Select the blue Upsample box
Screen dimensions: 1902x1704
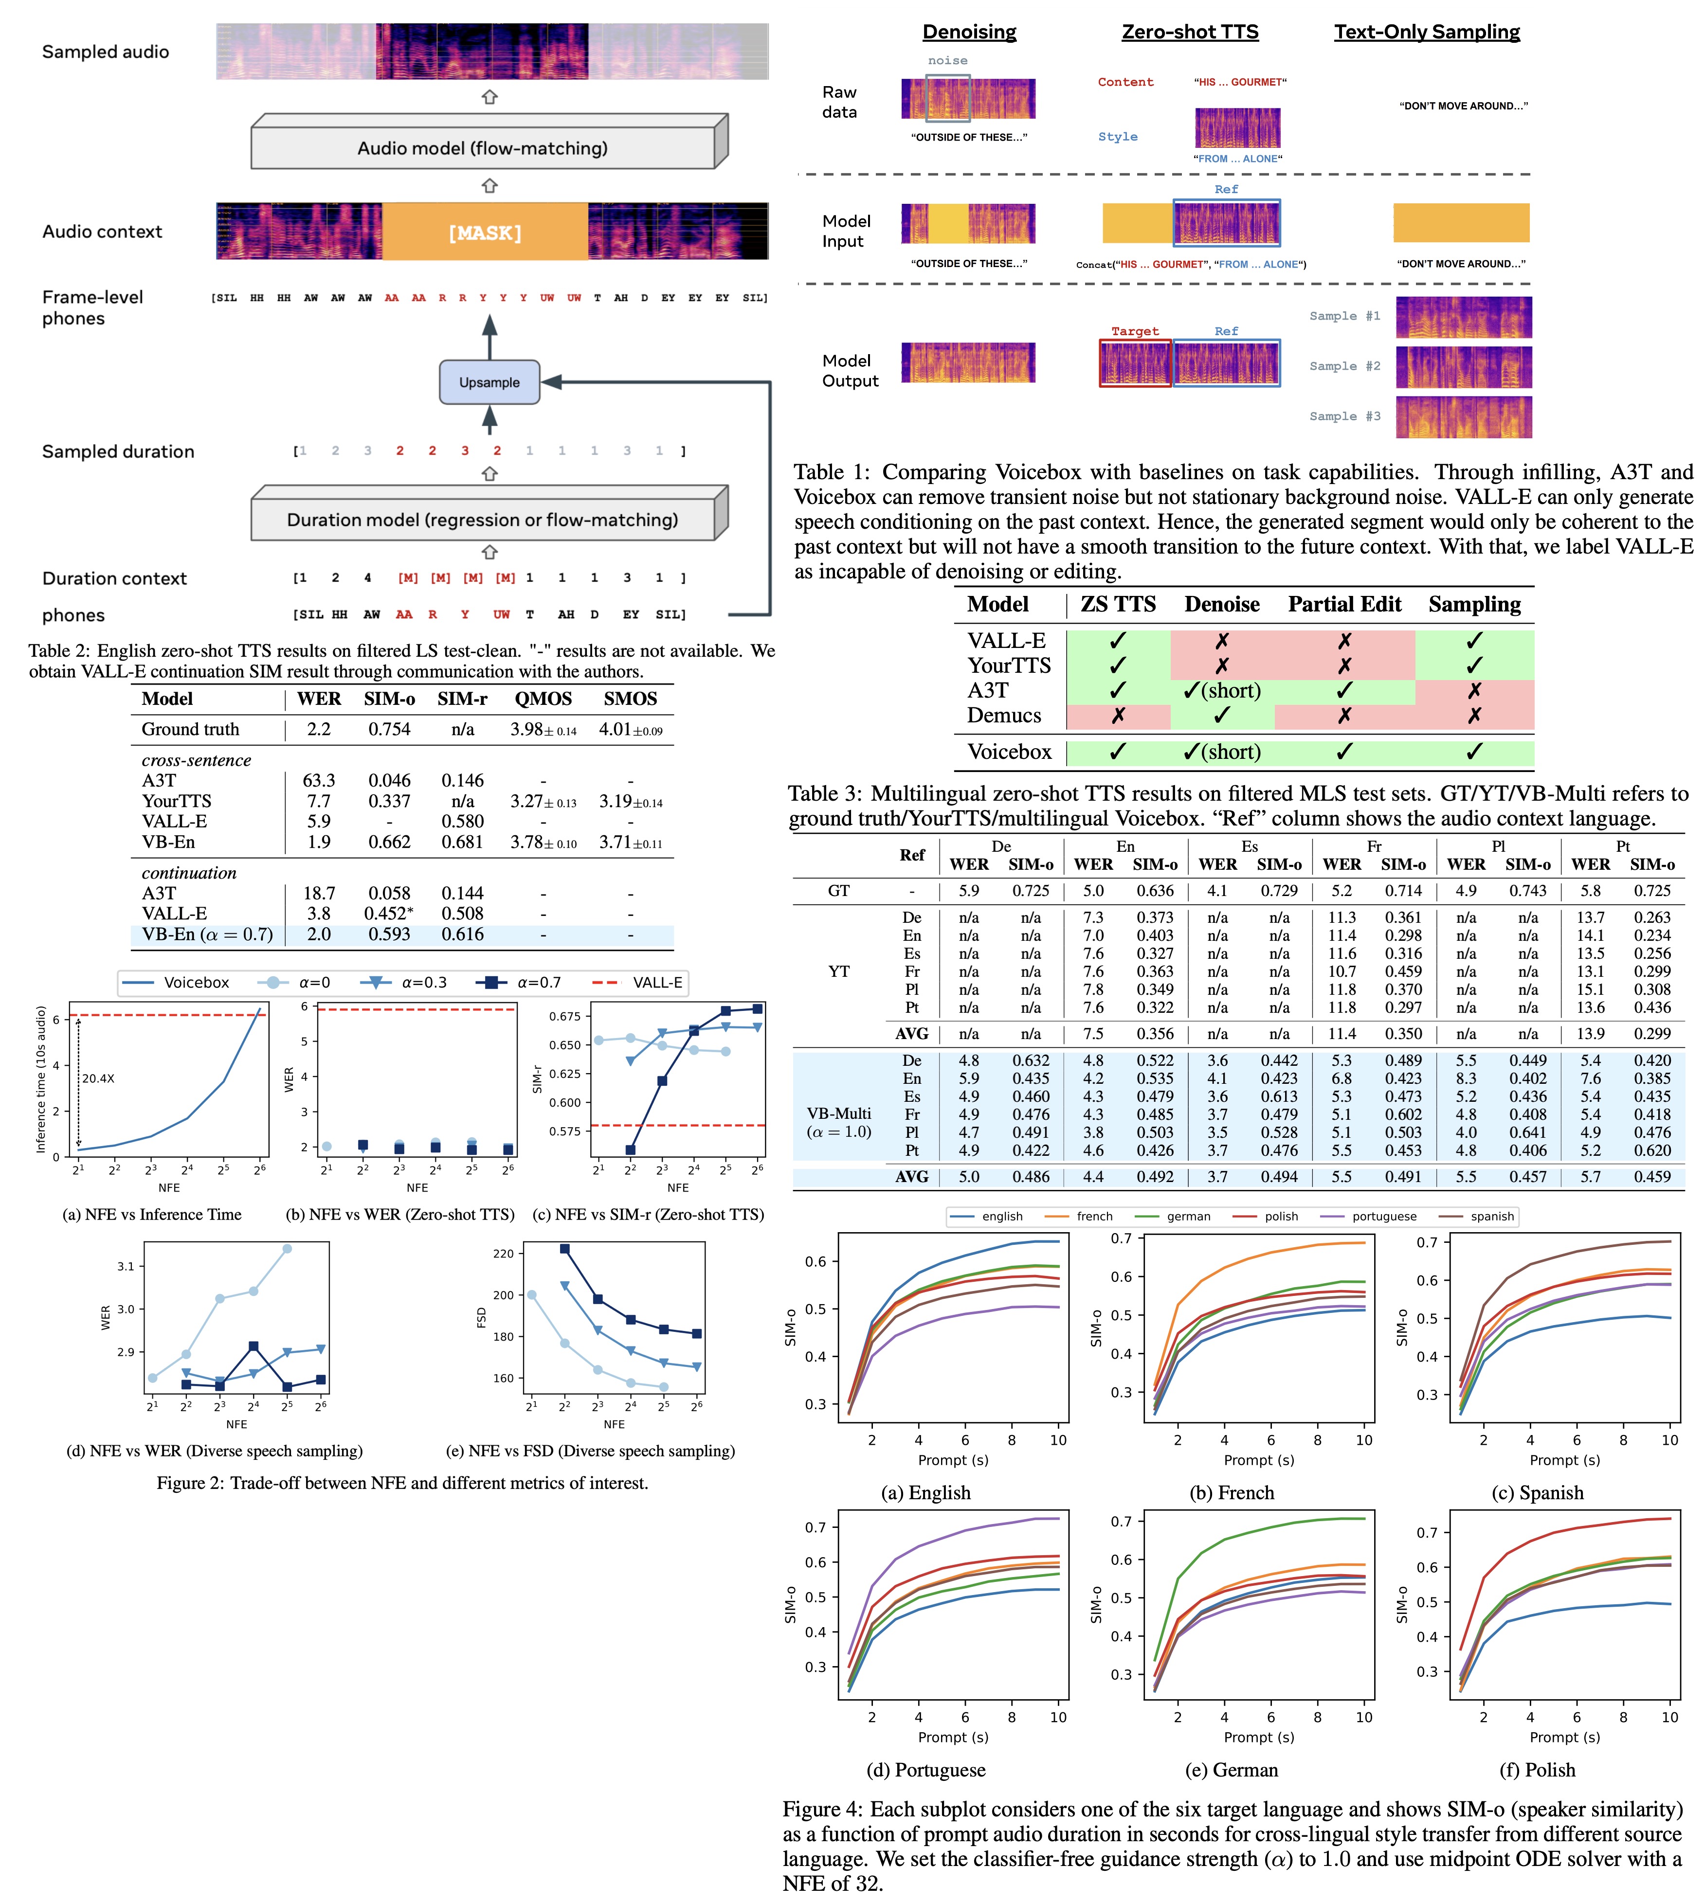click(x=489, y=382)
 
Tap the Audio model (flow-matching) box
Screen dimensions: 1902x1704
click(x=482, y=148)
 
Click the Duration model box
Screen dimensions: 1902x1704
click(x=482, y=520)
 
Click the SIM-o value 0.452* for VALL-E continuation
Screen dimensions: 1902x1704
click(x=389, y=914)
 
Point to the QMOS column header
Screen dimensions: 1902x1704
click(x=543, y=699)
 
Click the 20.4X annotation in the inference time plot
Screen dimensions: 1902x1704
click(x=98, y=1078)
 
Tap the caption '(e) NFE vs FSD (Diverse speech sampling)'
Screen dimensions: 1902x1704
click(x=590, y=1451)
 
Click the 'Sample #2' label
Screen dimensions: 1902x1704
click(x=1344, y=366)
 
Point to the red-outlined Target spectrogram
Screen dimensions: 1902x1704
click(x=1135, y=363)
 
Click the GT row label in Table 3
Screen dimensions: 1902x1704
click(x=839, y=891)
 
